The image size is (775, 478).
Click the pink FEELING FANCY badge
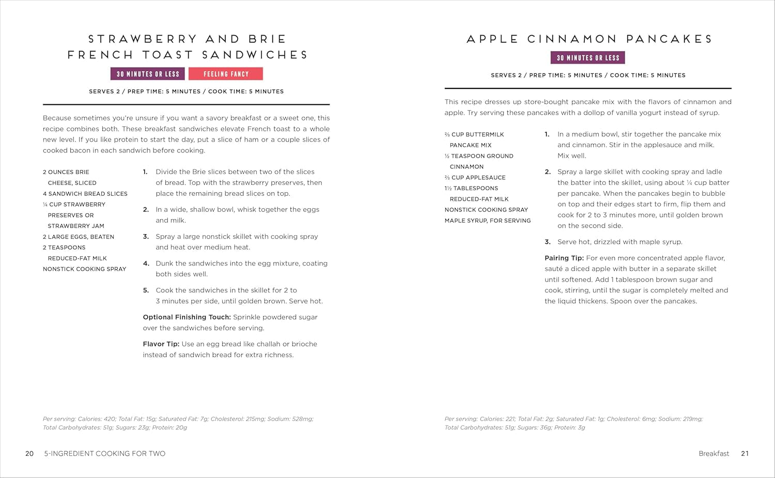226,74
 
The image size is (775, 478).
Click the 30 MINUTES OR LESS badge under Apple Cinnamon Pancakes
588,58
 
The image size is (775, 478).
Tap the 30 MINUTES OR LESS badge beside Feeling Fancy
148,74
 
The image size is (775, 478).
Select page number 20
29,454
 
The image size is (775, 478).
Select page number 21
745,454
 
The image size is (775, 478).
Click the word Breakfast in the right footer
714,454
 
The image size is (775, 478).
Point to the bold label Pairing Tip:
564,258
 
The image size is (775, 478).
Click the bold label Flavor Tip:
161,344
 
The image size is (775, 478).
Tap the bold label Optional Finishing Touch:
187,317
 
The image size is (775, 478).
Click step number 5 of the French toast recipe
146,290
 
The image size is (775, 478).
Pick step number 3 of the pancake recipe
548,242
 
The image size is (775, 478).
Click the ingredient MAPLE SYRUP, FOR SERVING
488,221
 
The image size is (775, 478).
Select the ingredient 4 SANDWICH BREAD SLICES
85,194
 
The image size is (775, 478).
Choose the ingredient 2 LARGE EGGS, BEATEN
79,237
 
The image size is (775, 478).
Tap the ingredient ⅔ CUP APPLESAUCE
475,178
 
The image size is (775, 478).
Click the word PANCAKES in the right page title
669,39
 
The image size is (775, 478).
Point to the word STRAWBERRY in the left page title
143,39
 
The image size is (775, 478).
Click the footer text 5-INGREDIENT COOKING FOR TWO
105,454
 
